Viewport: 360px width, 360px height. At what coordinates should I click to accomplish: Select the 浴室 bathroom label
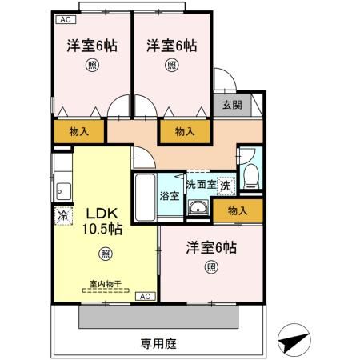pyautogui.click(x=169, y=196)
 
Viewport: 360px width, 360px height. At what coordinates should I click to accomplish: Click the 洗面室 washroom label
pyautogui.click(x=200, y=184)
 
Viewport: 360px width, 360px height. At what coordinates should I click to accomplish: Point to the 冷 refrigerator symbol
pyautogui.click(x=62, y=214)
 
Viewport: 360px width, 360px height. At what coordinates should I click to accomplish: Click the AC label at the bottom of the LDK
pyautogui.click(x=145, y=297)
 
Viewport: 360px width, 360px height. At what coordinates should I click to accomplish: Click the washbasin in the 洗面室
pyautogui.click(x=198, y=210)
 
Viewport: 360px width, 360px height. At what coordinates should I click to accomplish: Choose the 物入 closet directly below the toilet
pyautogui.click(x=238, y=210)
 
